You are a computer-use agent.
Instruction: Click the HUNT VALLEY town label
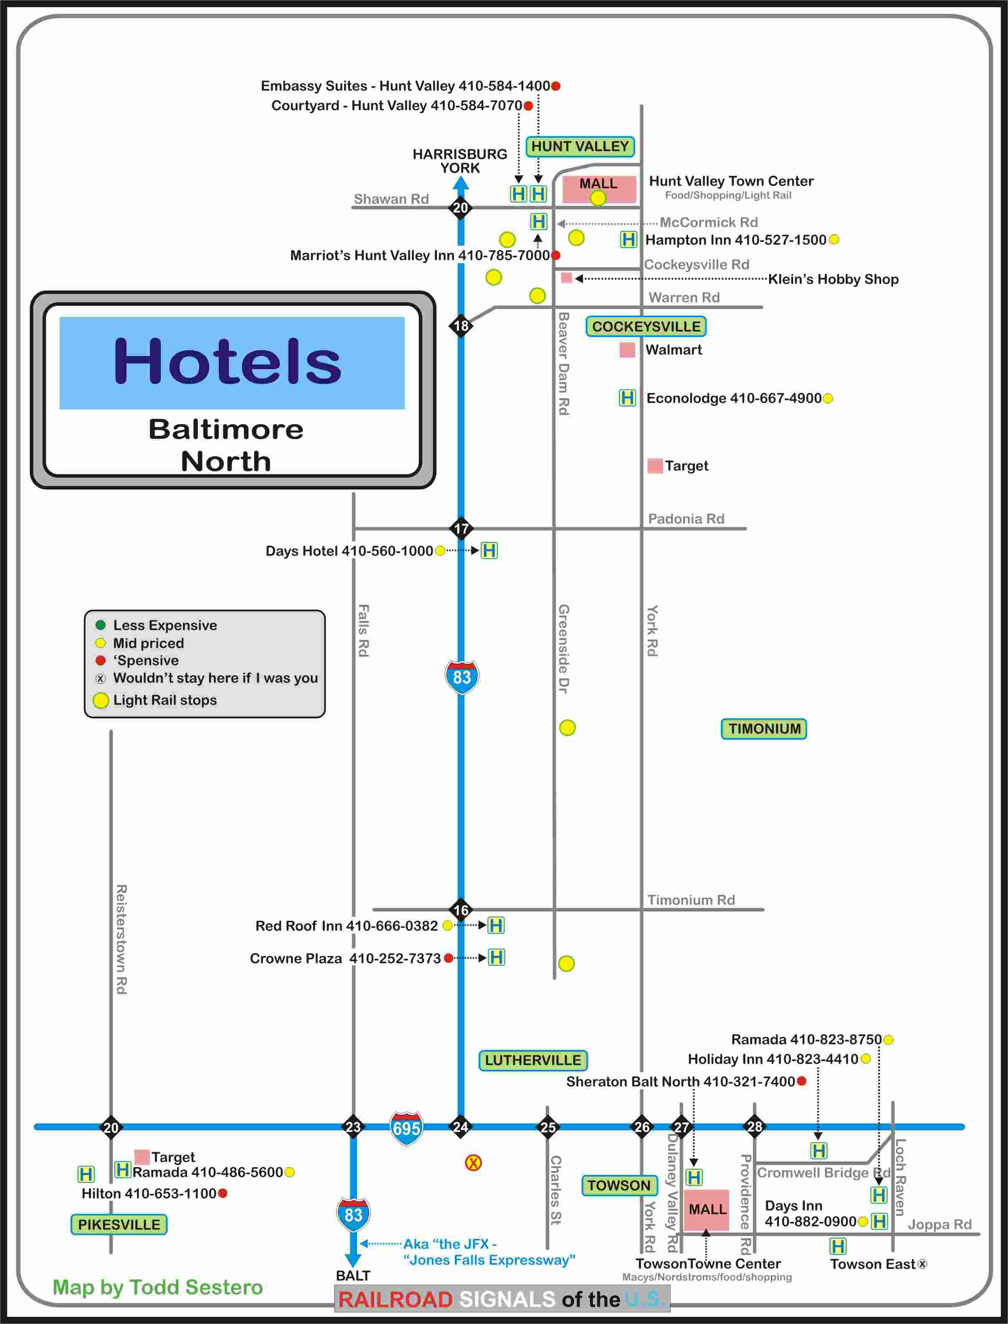(580, 147)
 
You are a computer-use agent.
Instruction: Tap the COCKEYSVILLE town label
(646, 327)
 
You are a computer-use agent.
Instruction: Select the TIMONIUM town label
(764, 729)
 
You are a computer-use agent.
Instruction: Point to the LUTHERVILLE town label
(533, 1060)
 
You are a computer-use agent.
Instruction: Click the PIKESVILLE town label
(119, 1224)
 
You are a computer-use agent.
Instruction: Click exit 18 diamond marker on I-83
(461, 326)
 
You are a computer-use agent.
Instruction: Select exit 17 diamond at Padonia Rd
(461, 529)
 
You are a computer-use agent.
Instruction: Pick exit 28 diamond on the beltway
(754, 1127)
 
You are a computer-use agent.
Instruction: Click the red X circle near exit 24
(474, 1163)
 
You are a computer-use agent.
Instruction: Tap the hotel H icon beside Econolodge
(627, 398)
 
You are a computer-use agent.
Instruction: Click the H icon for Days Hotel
(489, 550)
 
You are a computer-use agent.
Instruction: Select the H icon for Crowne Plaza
(496, 957)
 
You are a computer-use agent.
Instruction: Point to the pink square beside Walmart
(627, 350)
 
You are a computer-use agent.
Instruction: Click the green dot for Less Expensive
(101, 625)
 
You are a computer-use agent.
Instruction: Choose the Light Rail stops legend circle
(101, 700)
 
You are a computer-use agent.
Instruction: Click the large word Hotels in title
(228, 361)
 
